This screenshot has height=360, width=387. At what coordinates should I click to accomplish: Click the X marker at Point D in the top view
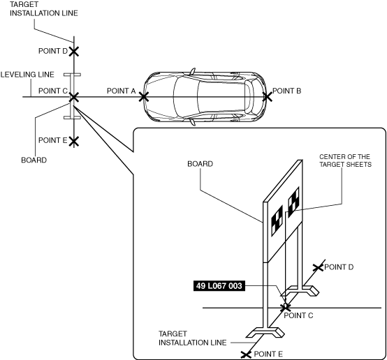[x=74, y=52]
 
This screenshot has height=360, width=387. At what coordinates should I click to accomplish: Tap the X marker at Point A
[x=144, y=97]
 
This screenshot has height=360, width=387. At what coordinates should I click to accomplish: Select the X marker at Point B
[x=268, y=97]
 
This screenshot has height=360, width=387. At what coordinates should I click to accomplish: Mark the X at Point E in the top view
[x=74, y=142]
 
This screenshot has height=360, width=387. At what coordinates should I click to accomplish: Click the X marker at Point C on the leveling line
[x=74, y=97]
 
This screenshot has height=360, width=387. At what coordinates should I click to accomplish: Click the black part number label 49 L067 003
[x=219, y=286]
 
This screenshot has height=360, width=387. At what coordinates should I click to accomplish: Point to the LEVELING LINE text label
[x=27, y=75]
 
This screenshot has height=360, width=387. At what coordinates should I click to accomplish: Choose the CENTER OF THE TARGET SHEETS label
[x=345, y=160]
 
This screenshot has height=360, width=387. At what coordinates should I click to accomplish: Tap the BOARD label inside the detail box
[x=200, y=164]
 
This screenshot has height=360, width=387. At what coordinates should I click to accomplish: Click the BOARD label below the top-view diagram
[x=34, y=160]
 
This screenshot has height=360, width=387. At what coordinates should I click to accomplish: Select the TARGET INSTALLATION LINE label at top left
[x=44, y=9]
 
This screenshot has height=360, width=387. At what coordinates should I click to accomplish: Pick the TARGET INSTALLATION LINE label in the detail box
[x=193, y=338]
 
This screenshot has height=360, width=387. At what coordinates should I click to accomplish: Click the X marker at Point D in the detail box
[x=318, y=267]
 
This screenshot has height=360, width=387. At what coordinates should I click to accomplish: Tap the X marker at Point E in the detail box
[x=246, y=354]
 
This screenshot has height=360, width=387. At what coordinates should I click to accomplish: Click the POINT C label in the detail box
[x=298, y=315]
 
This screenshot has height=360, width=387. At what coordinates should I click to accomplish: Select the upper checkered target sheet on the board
[x=293, y=202]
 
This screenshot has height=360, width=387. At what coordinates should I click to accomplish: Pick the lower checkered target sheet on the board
[x=277, y=220]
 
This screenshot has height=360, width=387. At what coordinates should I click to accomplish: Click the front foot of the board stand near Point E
[x=265, y=332]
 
